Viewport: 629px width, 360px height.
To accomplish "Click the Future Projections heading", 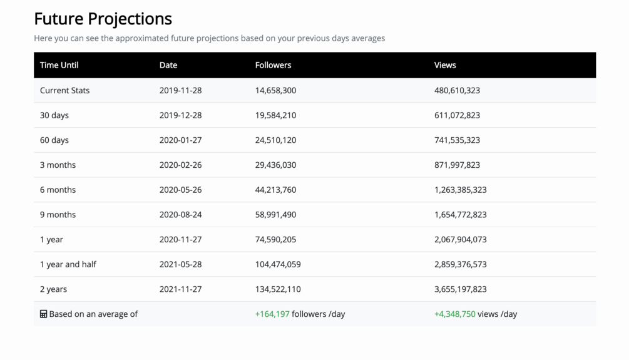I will (x=103, y=19).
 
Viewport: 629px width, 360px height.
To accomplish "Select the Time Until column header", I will (x=59, y=65).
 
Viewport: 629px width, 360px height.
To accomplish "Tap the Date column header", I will (x=168, y=65).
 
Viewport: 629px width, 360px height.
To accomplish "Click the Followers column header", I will (x=273, y=65).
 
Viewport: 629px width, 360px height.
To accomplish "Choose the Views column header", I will (x=445, y=65).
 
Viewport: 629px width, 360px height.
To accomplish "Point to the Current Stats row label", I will (x=64, y=90).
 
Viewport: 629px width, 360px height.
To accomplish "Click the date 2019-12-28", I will (x=180, y=115).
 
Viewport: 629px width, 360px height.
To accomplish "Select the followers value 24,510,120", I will (x=275, y=140).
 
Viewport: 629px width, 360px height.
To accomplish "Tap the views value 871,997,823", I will (x=457, y=165).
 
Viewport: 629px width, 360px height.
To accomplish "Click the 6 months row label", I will (x=58, y=190).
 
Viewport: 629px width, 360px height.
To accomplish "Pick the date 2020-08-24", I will (x=180, y=215).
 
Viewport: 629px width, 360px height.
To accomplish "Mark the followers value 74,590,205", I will (x=275, y=239).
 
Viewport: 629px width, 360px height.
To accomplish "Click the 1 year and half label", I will (x=68, y=264).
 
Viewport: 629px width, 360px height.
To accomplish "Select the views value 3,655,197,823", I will (x=460, y=289).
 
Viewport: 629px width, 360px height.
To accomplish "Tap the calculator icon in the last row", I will (x=43, y=314).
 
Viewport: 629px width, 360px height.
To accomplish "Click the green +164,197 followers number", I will (x=272, y=314).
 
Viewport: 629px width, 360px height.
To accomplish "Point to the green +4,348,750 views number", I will (x=454, y=314).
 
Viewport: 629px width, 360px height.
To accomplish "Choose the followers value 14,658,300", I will (x=275, y=90).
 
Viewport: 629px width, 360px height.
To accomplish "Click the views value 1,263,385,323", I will (x=460, y=190).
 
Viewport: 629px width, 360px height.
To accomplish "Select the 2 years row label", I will (x=53, y=289).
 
